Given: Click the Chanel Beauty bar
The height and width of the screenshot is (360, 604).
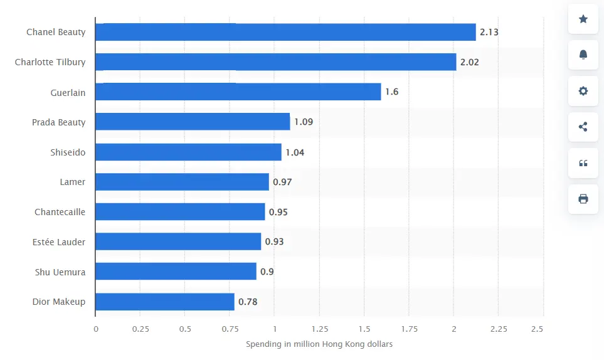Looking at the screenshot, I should (x=285, y=32).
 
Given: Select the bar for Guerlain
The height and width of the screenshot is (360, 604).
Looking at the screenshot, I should (x=238, y=92).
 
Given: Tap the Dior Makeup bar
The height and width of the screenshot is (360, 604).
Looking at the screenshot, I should (x=165, y=302).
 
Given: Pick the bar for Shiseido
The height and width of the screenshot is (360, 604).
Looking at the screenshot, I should (x=188, y=152).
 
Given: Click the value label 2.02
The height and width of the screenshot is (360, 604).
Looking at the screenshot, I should (x=470, y=62).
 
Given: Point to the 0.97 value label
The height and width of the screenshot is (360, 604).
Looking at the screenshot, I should (x=282, y=182).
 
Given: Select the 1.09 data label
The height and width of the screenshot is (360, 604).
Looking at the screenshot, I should (x=304, y=122).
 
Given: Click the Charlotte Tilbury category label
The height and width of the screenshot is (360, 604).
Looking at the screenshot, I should (x=50, y=62).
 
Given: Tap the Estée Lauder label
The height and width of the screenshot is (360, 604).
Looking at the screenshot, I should (x=59, y=241).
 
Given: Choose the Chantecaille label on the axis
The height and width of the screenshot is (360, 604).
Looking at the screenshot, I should (x=60, y=212).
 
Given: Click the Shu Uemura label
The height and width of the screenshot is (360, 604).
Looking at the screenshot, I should (x=60, y=272).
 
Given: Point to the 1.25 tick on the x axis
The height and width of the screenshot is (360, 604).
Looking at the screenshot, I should (x=319, y=329).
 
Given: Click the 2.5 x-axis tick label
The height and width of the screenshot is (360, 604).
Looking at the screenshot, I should (x=537, y=329).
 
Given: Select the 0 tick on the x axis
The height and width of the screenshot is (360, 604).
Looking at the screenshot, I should (x=96, y=329).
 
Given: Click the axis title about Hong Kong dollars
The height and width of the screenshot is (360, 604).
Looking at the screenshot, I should (x=319, y=344).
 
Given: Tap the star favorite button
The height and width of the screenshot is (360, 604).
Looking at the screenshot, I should (x=583, y=19).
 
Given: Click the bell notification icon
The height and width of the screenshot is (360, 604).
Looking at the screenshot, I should (x=583, y=55).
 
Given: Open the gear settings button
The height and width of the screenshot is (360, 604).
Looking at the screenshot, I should (x=583, y=91).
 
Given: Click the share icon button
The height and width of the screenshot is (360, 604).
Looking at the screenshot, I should (x=583, y=127).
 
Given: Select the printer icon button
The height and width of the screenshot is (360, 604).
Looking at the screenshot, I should (x=583, y=199).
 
